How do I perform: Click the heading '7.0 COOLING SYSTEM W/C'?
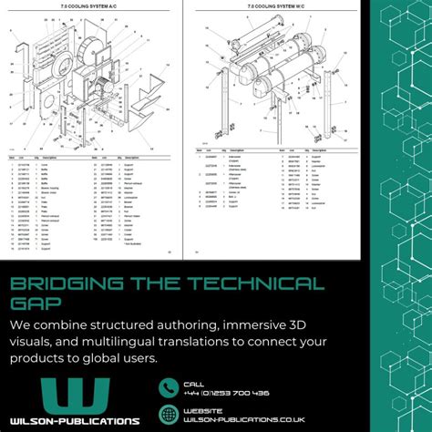pos(274,6)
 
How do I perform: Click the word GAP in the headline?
pos(35,304)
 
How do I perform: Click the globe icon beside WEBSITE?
pos(169,415)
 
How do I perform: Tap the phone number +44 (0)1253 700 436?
pos(226,393)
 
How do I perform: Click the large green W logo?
pos(76,391)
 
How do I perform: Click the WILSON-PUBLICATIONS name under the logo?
pos(76,420)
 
